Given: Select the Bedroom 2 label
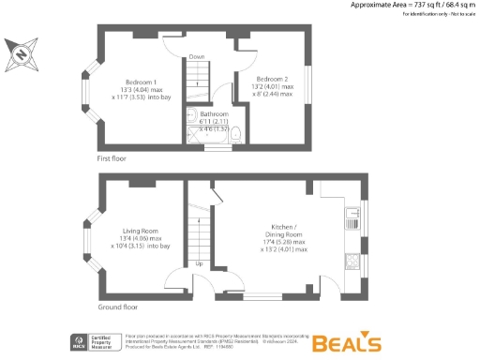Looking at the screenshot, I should click(x=274, y=79).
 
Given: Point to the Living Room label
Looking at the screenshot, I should click(x=141, y=230).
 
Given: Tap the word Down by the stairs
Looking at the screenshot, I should click(x=196, y=57).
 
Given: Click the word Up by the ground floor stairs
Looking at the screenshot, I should click(x=199, y=263).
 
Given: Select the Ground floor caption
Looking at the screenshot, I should click(x=117, y=307).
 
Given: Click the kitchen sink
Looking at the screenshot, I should click(x=353, y=217).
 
